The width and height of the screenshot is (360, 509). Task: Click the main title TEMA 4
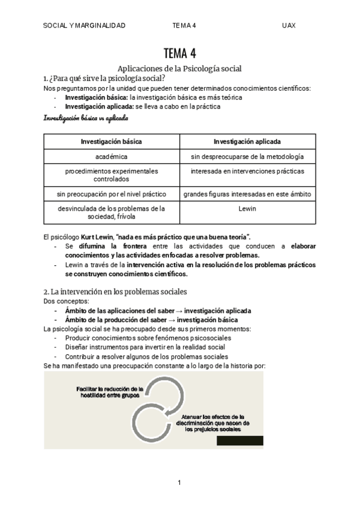point(179,53)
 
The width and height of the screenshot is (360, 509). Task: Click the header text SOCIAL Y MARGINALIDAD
point(85,25)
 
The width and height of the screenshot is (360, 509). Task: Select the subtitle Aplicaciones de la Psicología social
point(179,68)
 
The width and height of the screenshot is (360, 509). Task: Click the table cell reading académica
point(112,157)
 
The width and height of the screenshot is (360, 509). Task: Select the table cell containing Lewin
point(247,208)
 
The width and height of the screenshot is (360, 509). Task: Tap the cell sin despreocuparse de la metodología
point(247,157)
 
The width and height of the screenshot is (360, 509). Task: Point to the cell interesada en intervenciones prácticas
point(247,172)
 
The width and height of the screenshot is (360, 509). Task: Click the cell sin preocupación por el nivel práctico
point(112,194)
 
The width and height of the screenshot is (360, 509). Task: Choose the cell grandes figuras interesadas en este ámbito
point(247,194)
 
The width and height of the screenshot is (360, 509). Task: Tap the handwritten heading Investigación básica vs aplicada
point(86,118)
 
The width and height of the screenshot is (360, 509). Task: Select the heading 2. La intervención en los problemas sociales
point(115,292)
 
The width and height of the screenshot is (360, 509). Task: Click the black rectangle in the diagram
point(240,441)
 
